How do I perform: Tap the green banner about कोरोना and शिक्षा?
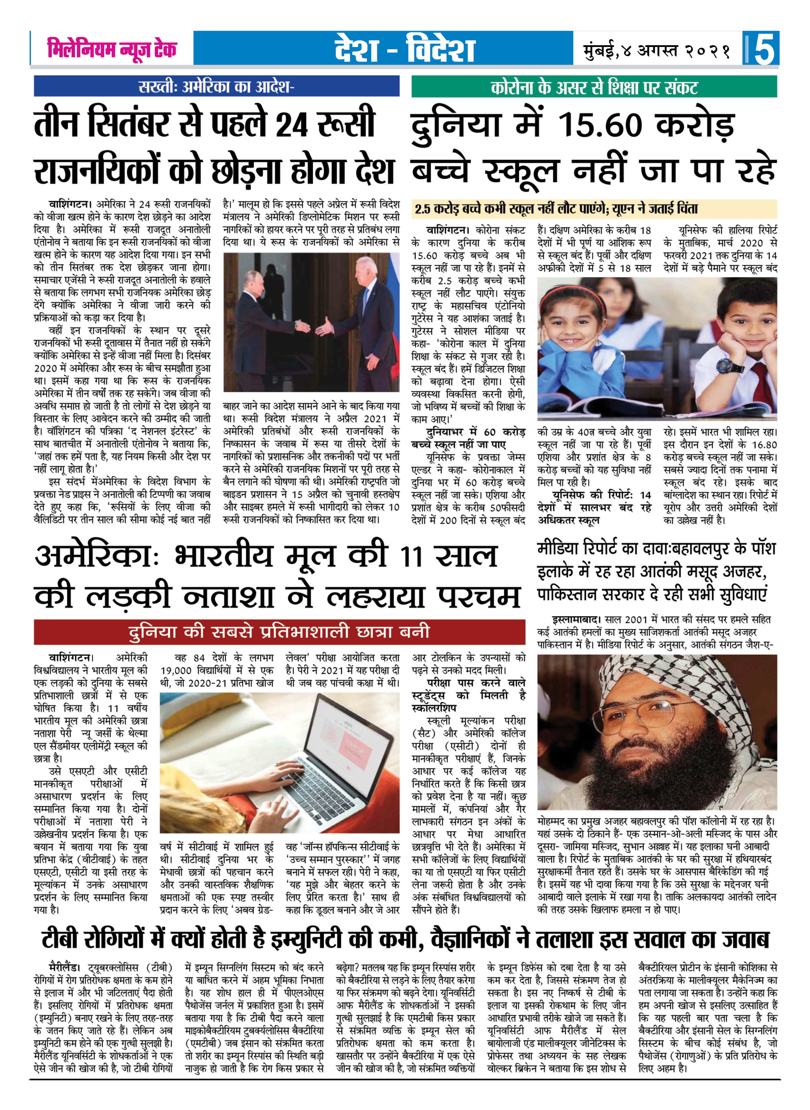594,87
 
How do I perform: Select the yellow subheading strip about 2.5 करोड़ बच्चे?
594,209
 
